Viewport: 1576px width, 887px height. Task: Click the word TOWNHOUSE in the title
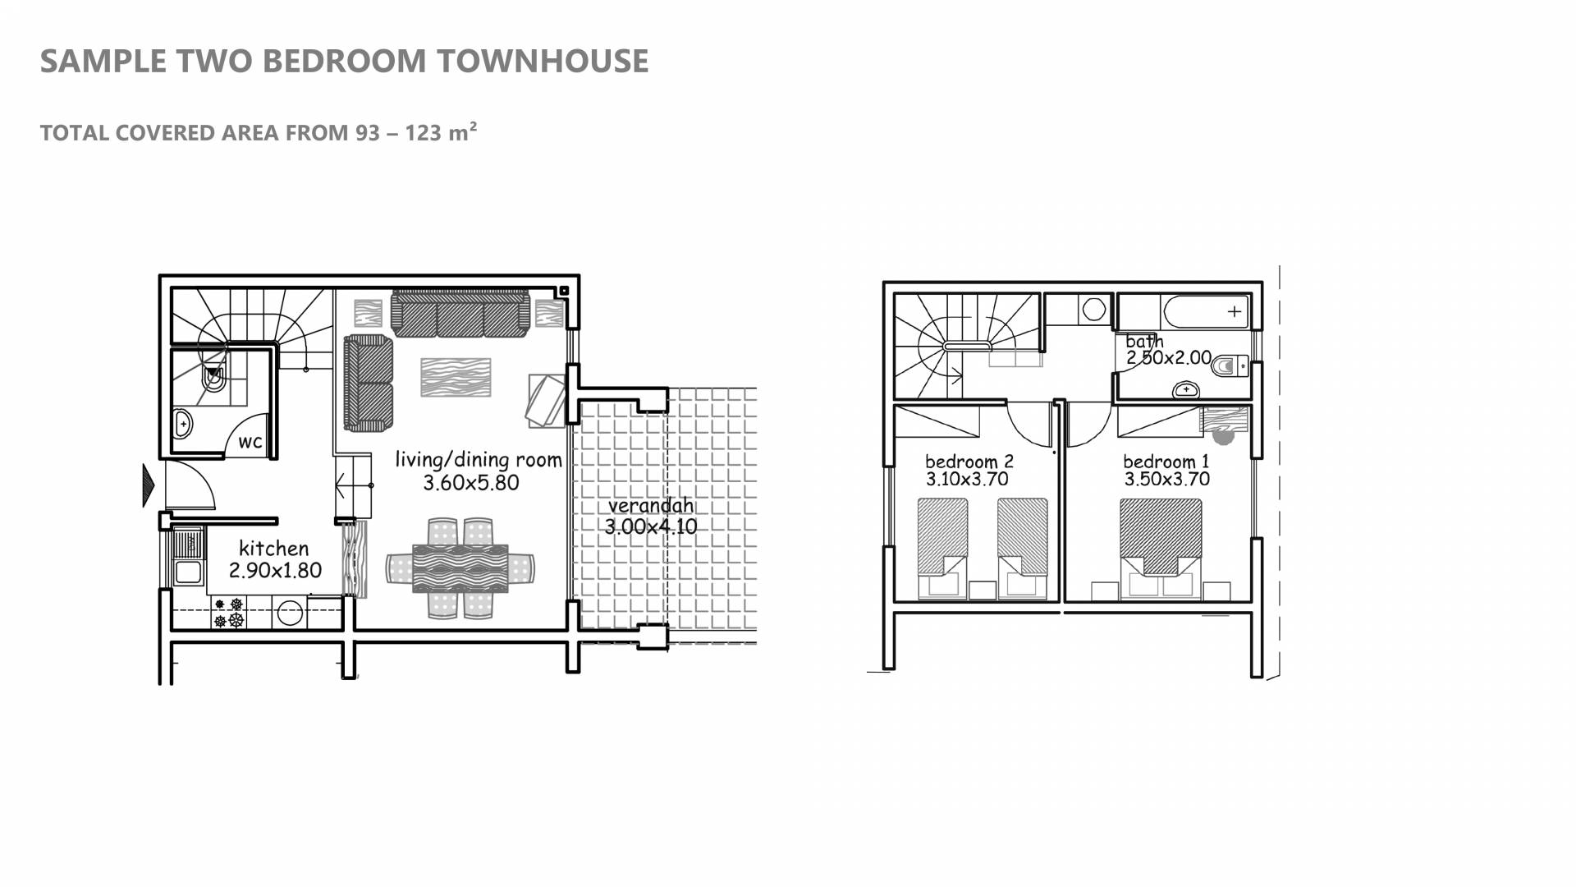click(x=543, y=61)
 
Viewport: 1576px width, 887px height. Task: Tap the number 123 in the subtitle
click(x=424, y=133)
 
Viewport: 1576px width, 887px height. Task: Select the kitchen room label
click(x=273, y=548)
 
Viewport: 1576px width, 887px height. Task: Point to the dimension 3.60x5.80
click(x=471, y=483)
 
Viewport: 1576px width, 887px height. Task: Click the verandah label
click(x=651, y=505)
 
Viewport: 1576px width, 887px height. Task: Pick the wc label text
click(x=250, y=442)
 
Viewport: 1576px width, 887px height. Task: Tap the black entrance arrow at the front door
click(x=149, y=485)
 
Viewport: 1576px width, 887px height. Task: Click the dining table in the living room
click(x=460, y=568)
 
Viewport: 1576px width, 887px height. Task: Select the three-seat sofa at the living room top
click(x=460, y=313)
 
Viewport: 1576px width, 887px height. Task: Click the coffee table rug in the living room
click(x=456, y=378)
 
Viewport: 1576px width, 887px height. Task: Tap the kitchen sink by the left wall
click(x=188, y=558)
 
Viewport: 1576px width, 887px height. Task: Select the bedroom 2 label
click(x=969, y=462)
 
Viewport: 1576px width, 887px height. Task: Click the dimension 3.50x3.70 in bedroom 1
click(x=1167, y=480)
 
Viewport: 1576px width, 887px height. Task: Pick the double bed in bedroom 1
click(x=1161, y=548)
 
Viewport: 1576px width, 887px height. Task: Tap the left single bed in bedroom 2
click(x=942, y=548)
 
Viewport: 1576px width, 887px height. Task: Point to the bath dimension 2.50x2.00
click(x=1169, y=358)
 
